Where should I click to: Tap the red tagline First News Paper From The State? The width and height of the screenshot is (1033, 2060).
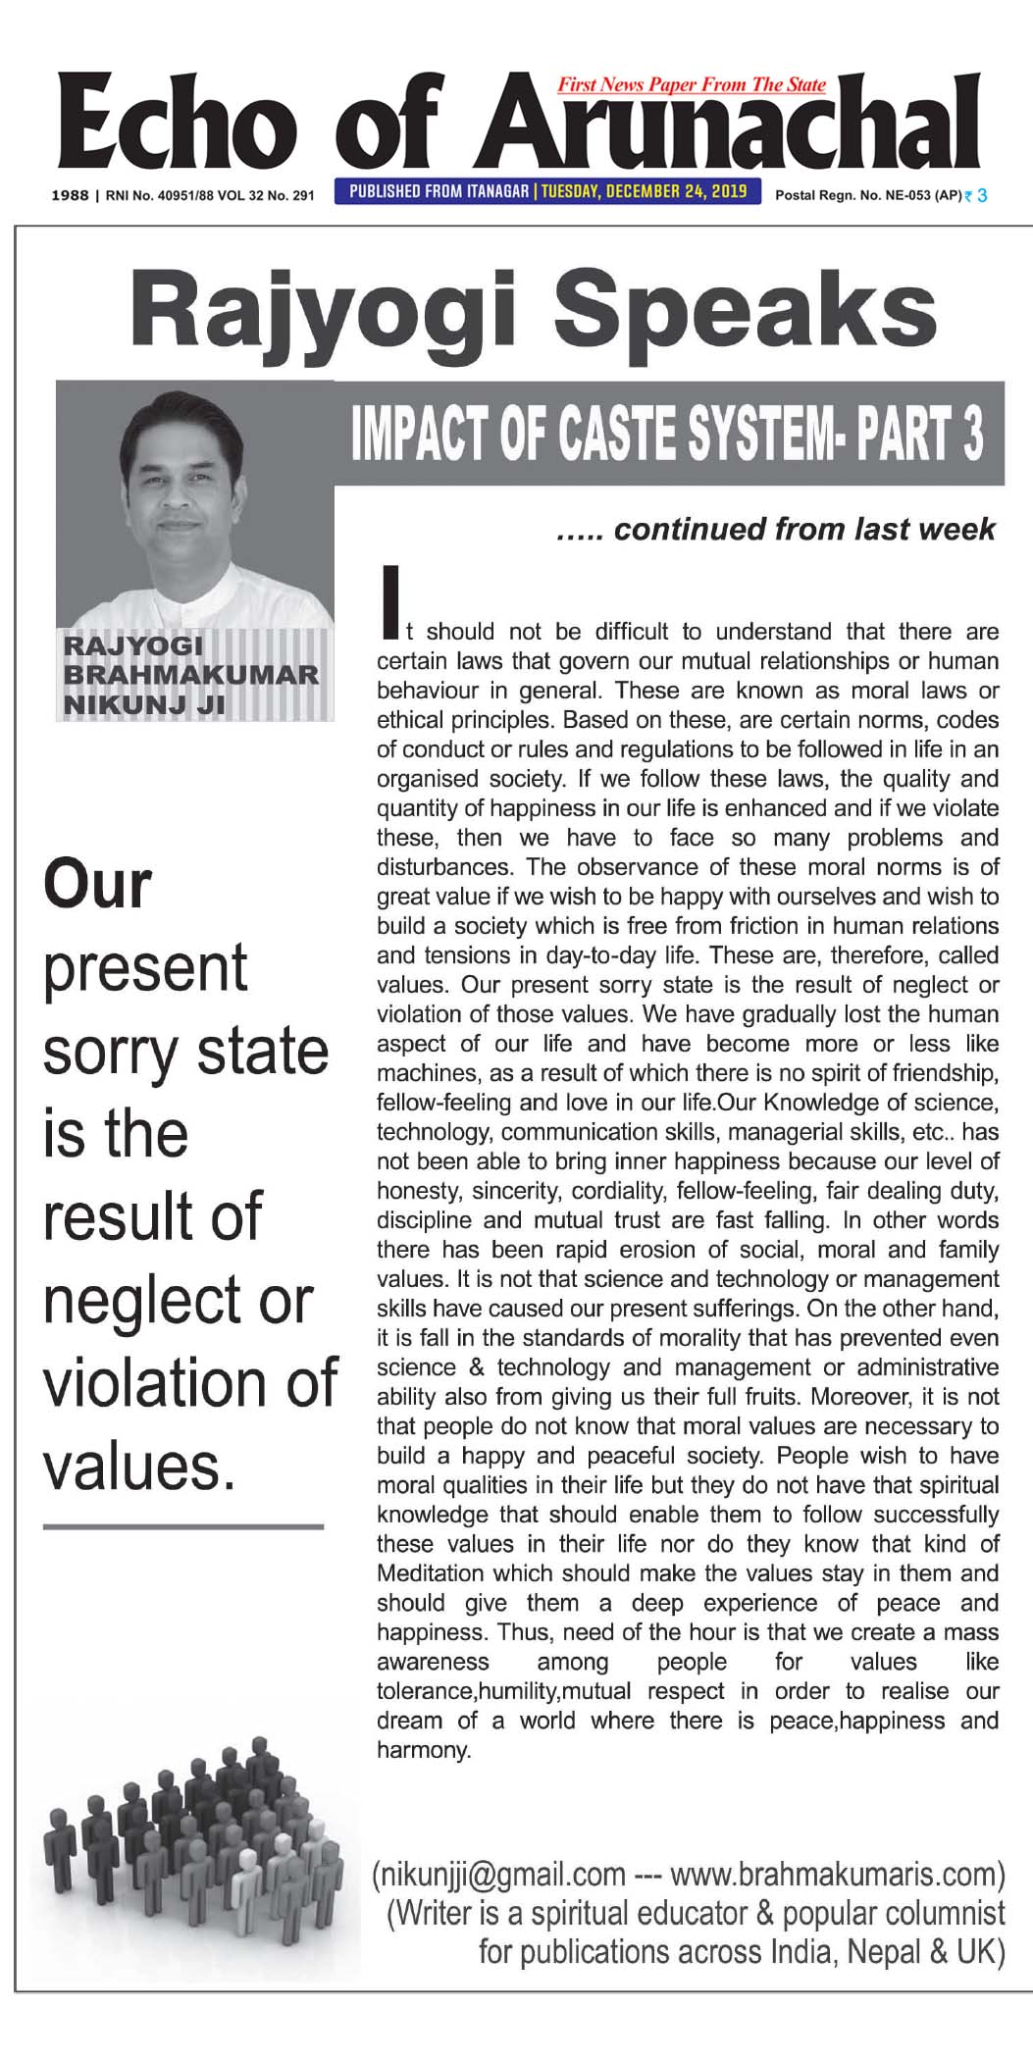[x=692, y=85]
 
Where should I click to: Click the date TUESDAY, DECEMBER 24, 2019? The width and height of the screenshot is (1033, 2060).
[x=646, y=190]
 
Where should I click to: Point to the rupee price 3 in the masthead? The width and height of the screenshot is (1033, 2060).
[x=981, y=195]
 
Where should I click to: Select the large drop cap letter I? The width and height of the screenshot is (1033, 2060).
[x=391, y=598]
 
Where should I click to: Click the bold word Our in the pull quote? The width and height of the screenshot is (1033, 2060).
[x=97, y=885]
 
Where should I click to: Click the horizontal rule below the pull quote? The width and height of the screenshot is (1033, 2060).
[x=182, y=1526]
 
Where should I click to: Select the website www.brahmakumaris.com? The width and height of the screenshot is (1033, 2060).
[x=834, y=1873]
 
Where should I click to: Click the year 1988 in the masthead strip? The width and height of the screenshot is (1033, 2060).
[x=70, y=195]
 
